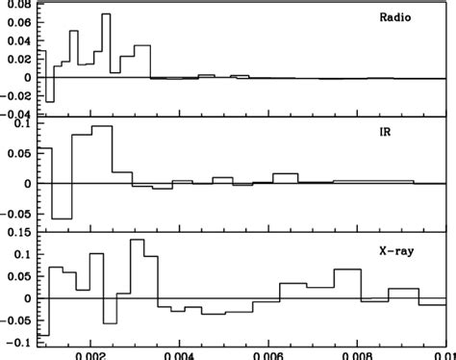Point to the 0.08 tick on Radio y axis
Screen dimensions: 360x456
click(16, 5)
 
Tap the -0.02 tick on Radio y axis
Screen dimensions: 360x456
click(14, 95)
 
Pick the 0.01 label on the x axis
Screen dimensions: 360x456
click(444, 352)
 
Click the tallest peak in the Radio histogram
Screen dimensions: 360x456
click(106, 15)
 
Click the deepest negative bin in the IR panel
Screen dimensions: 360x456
click(61, 218)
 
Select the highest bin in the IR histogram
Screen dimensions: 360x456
click(102, 127)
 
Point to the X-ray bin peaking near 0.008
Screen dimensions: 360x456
click(347, 270)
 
